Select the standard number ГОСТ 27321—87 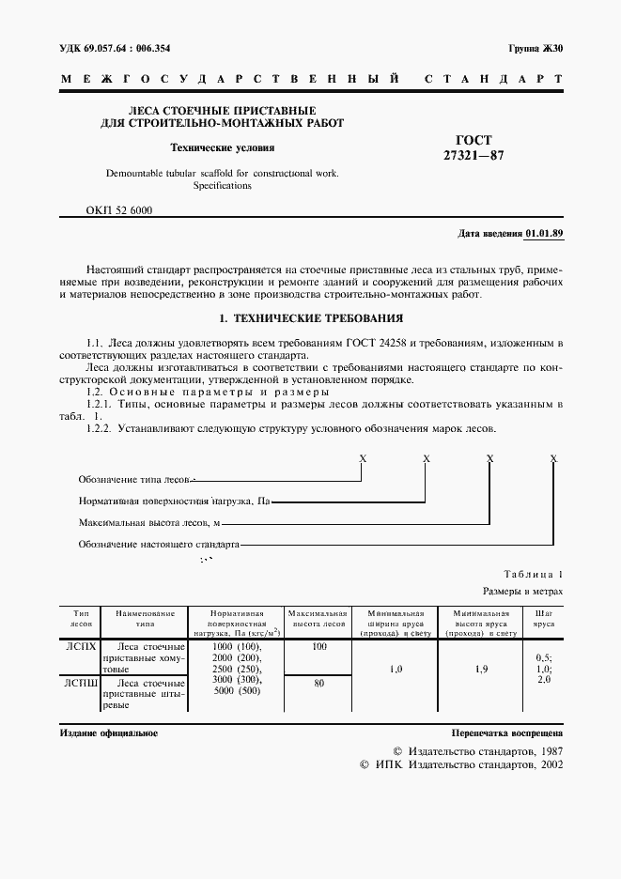(x=474, y=147)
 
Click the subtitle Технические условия (x=222, y=147)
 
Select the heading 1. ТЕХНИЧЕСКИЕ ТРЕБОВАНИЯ (x=310, y=318)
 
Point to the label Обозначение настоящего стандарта (x=159, y=544)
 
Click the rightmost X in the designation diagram (x=553, y=458)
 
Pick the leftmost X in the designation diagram (x=363, y=458)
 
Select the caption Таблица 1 (x=534, y=574)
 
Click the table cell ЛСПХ (x=80, y=647)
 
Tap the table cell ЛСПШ (x=80, y=684)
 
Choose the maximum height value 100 (x=318, y=647)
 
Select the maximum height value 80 (x=318, y=684)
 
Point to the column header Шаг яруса (x=543, y=617)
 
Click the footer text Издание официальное (x=108, y=732)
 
